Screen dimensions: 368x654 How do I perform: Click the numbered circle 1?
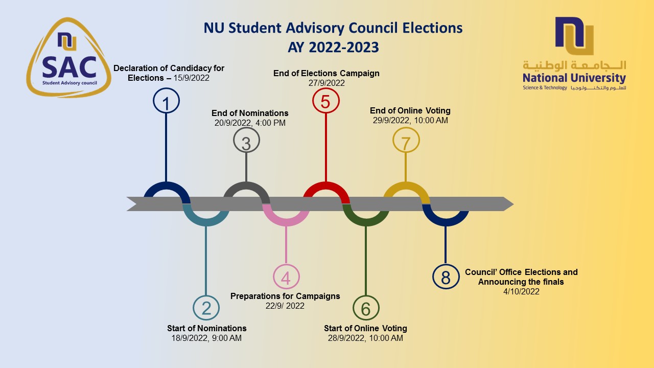(166, 101)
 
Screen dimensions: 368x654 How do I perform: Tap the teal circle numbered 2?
(206, 308)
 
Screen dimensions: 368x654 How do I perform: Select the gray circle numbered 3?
(246, 142)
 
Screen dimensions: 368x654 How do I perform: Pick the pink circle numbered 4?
(286, 278)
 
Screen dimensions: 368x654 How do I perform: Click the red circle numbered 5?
(325, 101)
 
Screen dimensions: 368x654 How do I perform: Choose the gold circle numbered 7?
(406, 142)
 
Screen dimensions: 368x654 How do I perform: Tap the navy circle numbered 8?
(446, 277)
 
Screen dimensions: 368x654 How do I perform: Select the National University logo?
(574, 54)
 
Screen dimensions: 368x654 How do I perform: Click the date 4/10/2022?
(521, 291)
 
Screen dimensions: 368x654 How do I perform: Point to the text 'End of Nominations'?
(250, 113)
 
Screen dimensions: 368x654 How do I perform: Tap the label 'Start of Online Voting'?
(365, 328)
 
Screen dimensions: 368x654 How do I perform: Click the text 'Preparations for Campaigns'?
(285, 296)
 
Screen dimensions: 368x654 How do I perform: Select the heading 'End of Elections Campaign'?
(326, 73)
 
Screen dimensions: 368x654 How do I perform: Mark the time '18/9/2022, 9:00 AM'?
(207, 338)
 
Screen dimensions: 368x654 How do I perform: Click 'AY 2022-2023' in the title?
(333, 48)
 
